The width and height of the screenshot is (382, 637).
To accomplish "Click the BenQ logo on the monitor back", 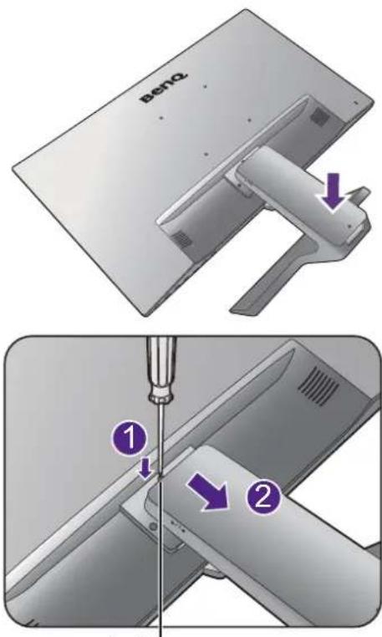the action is point(164,87).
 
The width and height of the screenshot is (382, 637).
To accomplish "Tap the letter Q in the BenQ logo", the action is point(181,77).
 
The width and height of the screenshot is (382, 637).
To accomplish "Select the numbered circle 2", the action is point(264,497).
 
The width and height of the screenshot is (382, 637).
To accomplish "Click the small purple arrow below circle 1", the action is point(145,471).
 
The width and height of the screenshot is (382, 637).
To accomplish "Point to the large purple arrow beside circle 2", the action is point(208,492).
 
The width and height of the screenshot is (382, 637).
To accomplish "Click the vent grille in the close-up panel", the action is point(318,384).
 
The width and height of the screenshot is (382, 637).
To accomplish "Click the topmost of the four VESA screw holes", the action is point(205,86).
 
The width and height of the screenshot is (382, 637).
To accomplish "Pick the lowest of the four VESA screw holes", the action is point(206,154).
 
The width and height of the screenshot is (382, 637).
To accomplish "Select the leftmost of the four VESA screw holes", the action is point(161,119).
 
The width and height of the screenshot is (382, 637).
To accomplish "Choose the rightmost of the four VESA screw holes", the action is point(249,120).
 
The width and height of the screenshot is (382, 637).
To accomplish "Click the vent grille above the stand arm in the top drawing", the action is point(319,117).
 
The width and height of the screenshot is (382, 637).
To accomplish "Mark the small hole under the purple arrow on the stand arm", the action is point(349,223).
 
